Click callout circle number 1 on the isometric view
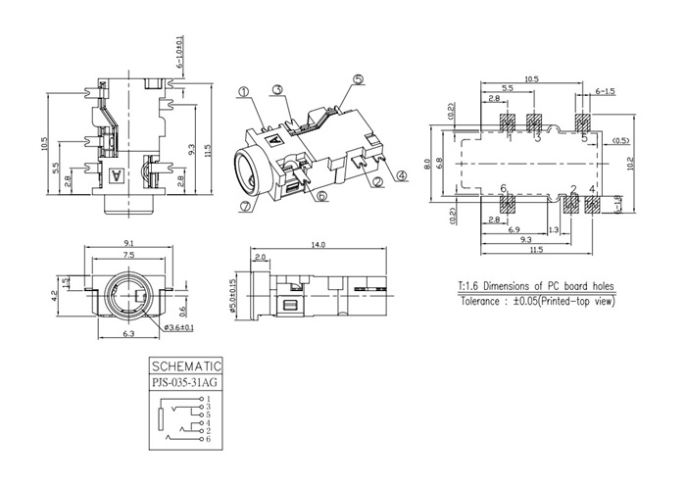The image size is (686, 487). click(242, 90)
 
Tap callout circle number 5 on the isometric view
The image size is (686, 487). click(358, 78)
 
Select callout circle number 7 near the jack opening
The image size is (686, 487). click(245, 207)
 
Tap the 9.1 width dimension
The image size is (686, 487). click(130, 242)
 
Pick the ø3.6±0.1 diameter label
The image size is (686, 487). click(178, 326)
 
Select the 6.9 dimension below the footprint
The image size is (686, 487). click(514, 228)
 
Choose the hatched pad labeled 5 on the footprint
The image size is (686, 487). click(583, 123)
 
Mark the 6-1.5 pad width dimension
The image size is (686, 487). click(606, 91)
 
